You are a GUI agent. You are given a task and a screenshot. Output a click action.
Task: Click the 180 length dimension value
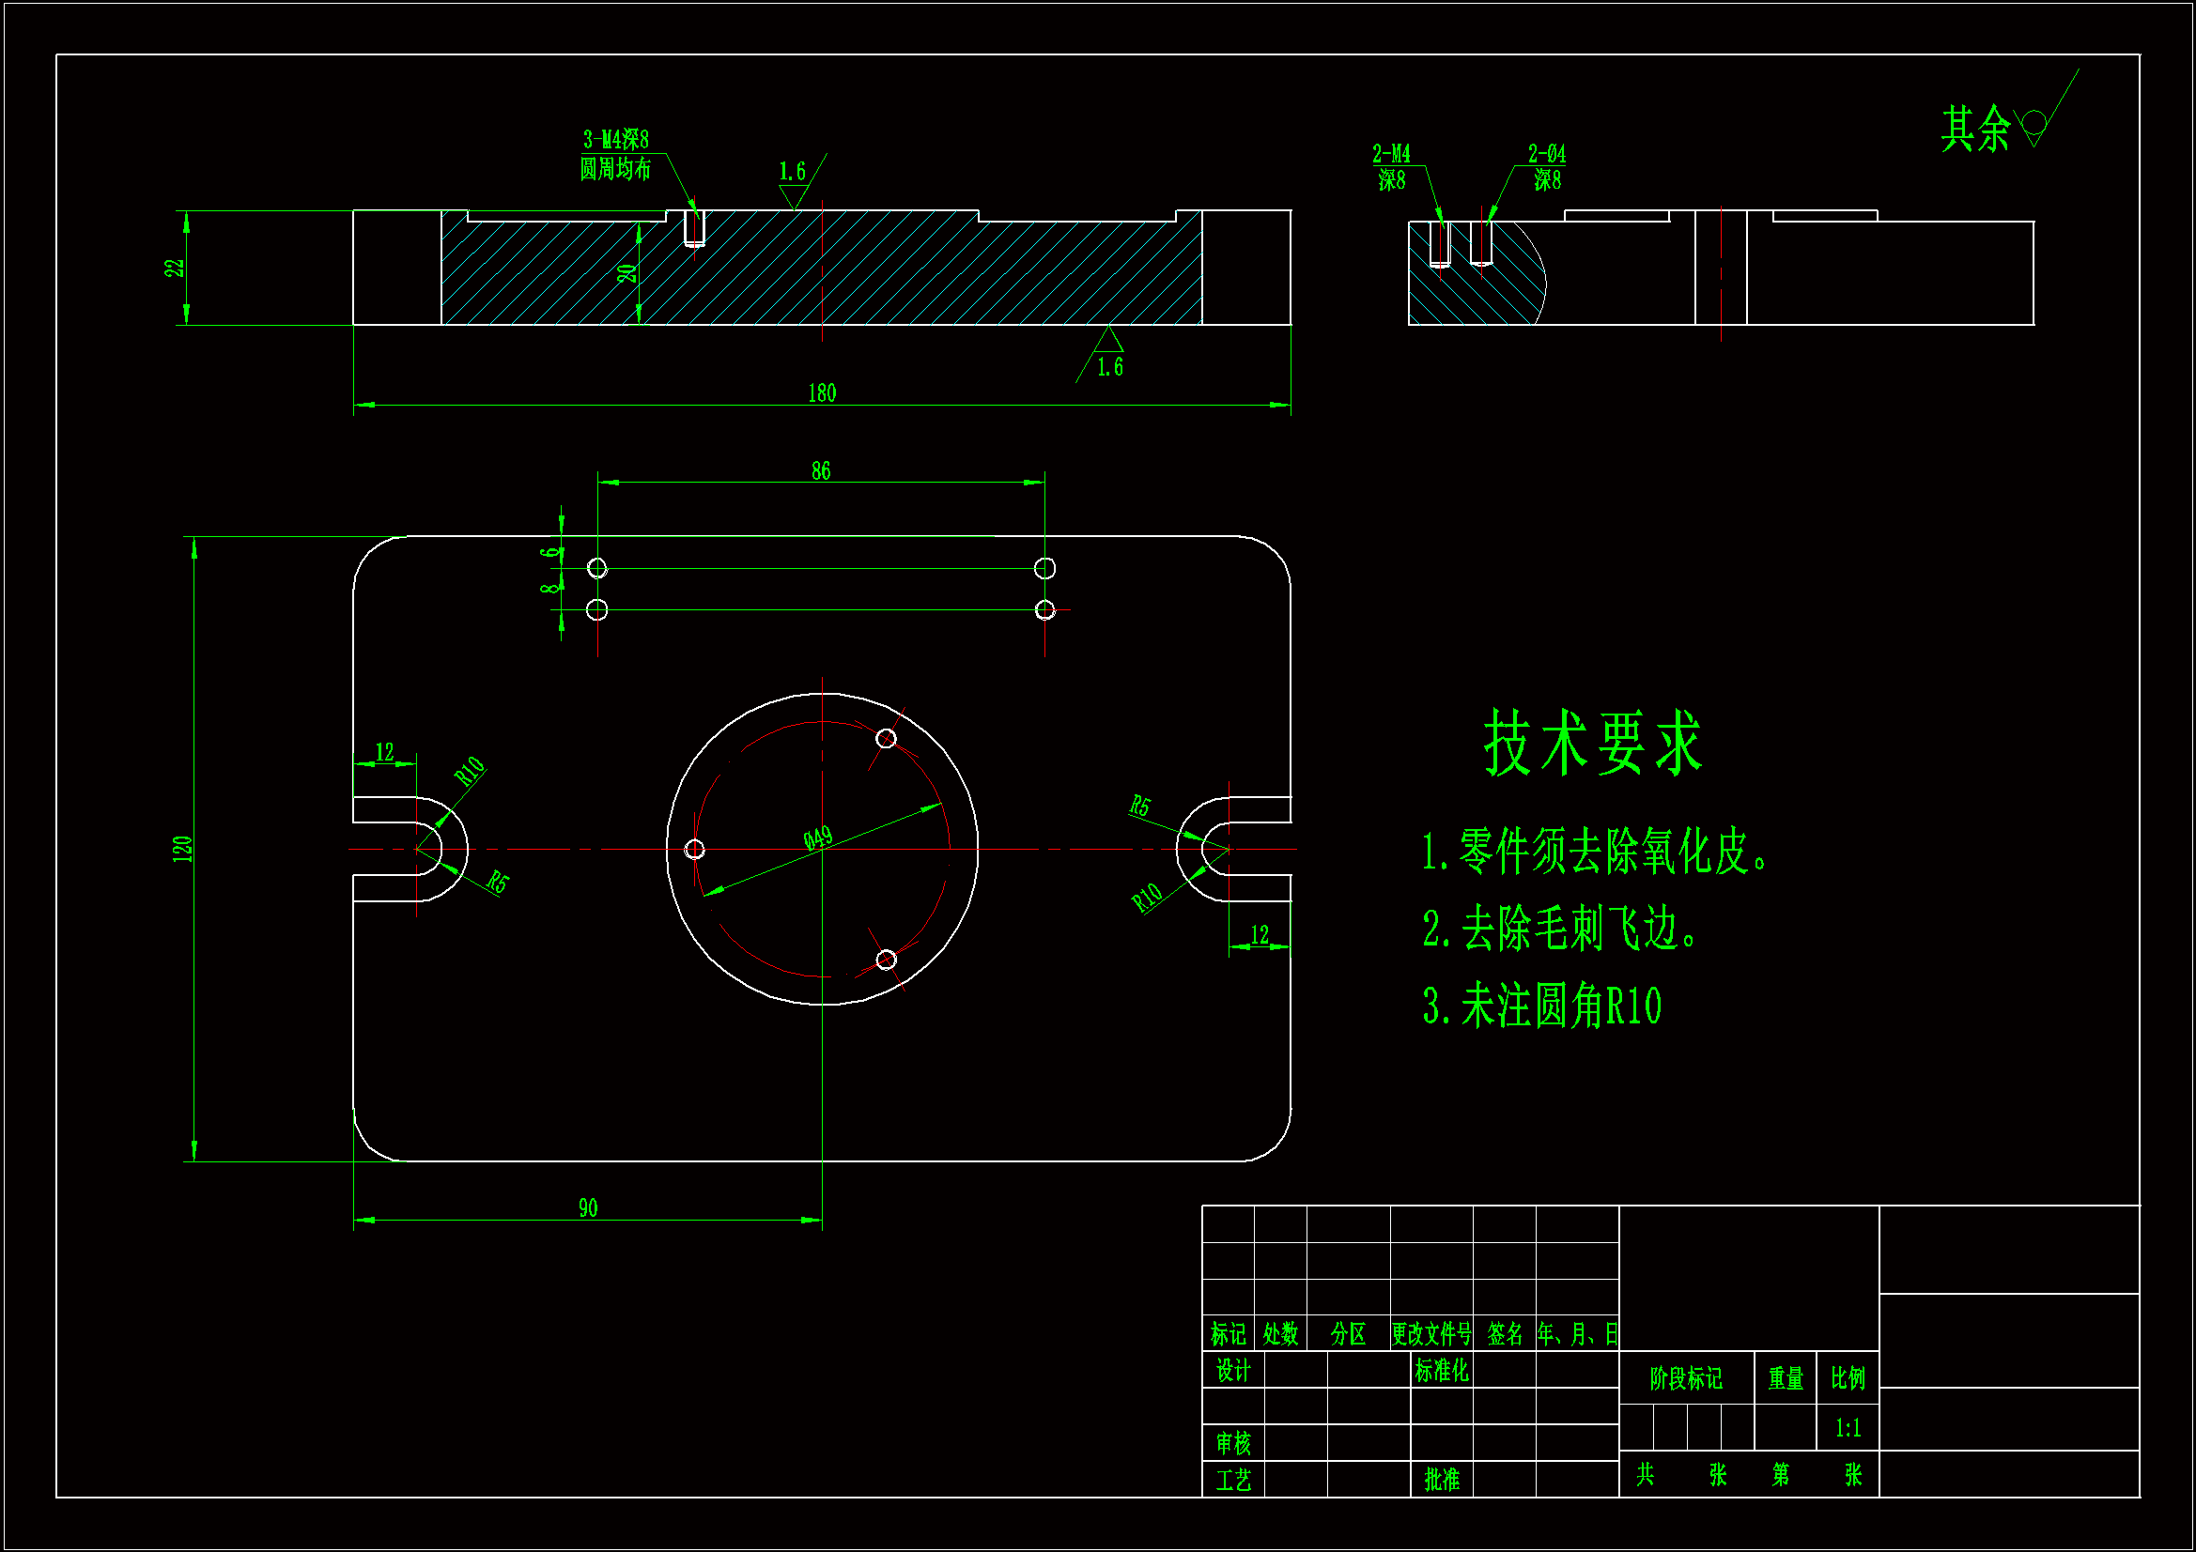822,393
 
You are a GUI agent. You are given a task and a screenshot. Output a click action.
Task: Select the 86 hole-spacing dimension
821,470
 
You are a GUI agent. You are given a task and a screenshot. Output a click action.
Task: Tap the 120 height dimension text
182,848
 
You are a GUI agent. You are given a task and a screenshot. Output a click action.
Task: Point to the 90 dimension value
587,1207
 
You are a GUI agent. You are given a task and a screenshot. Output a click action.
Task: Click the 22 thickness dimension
174,268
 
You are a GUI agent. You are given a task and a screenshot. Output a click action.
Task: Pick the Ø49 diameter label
818,838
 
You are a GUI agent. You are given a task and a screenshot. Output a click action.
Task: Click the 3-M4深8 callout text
616,140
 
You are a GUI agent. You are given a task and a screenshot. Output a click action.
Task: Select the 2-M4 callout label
1391,153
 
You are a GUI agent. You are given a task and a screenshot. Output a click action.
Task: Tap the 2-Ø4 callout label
1547,153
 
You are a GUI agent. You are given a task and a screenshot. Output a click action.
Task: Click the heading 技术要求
1592,742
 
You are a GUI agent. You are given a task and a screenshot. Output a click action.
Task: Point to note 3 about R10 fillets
1541,1006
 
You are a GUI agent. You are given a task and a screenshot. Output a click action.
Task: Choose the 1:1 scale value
1848,1428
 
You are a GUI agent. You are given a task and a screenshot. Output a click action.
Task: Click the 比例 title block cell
1848,1378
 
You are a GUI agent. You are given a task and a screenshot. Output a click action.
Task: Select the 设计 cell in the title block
1233,1370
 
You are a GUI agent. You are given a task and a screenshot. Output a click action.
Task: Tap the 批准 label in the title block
1442,1480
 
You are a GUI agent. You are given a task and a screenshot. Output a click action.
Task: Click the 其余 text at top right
1975,128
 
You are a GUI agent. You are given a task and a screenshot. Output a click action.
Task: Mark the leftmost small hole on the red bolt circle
695,849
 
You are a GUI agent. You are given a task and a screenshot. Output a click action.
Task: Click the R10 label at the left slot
470,771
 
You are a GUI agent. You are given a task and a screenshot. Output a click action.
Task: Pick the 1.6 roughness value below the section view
1109,367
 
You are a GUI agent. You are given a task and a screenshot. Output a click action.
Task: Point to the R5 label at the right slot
1139,807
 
